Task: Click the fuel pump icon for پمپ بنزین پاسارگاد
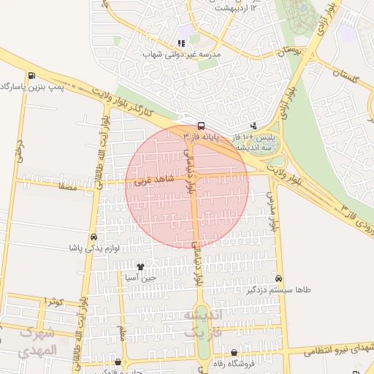31,75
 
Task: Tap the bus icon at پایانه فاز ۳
201,124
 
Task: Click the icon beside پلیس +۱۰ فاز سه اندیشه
253,126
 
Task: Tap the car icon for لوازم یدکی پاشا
93,237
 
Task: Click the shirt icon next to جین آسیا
140,267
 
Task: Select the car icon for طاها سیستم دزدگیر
279,278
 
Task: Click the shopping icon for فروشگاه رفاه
234,353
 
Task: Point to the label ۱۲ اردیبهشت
264,7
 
